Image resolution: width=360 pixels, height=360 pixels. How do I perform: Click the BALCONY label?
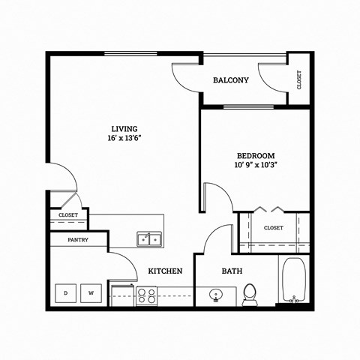(230, 80)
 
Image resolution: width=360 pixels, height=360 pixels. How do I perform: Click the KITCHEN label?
(166, 271)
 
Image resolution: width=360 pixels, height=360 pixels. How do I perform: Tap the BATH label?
(231, 271)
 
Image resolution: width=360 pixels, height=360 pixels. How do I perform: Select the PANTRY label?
(78, 240)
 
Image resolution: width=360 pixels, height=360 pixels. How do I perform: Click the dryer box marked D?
(66, 292)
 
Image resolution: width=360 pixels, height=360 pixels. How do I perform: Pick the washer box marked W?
(91, 292)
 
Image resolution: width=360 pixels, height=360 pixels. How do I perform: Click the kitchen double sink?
(151, 239)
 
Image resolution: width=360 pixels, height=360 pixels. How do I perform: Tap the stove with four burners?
(146, 295)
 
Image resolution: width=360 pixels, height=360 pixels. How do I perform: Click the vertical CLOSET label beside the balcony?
(299, 79)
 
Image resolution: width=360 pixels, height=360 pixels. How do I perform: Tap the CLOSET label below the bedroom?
(273, 228)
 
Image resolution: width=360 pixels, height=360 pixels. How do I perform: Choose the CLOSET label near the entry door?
(68, 216)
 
